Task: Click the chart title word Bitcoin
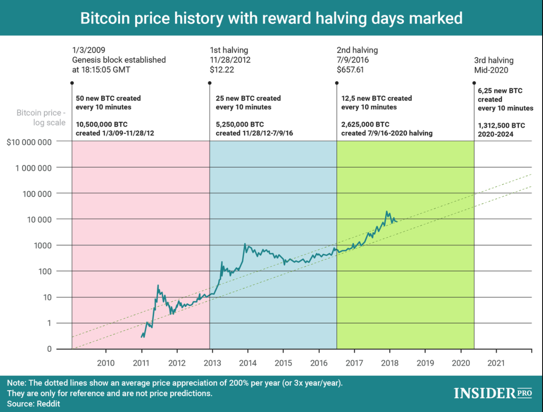coord(105,18)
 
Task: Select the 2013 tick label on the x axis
coord(212,363)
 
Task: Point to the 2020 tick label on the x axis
coord(461,363)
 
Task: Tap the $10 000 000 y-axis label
coord(29,142)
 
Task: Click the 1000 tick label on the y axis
coord(43,246)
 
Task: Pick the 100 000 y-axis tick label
coord(37,194)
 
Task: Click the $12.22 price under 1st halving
coord(222,70)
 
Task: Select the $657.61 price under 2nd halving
coord(350,70)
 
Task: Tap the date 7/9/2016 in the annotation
coord(353,60)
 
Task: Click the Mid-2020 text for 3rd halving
coord(491,70)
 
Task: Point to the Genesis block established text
coord(119,60)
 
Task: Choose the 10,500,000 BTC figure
coord(102,124)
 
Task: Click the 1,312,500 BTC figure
coord(501,125)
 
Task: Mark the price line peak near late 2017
coord(387,212)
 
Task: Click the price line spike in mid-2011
coord(158,285)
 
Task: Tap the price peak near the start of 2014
coord(245,244)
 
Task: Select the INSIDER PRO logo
coord(493,393)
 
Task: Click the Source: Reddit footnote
coord(33,403)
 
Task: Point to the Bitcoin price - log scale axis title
coord(41,118)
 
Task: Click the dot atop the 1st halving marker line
coord(210,83)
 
